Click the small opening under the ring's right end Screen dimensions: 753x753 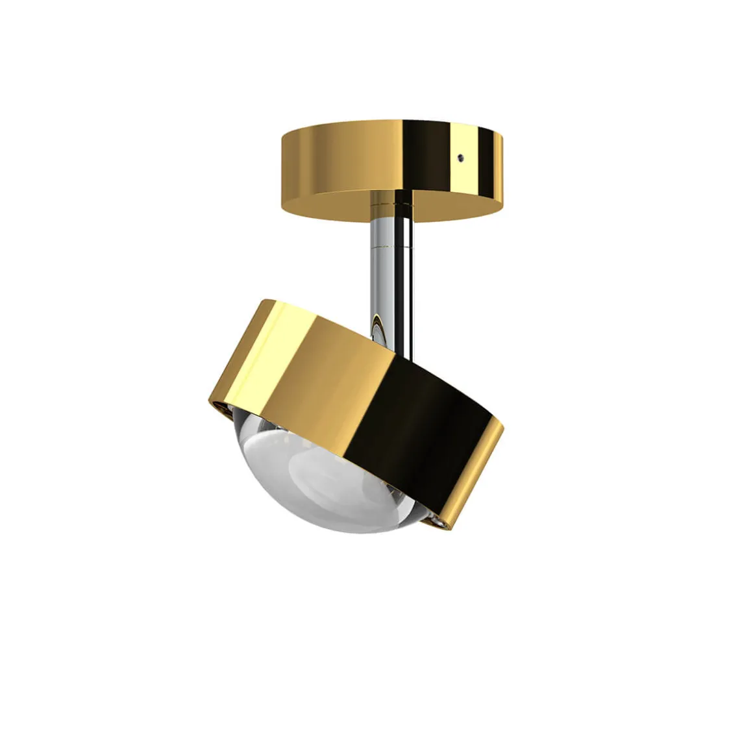(439, 502)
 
